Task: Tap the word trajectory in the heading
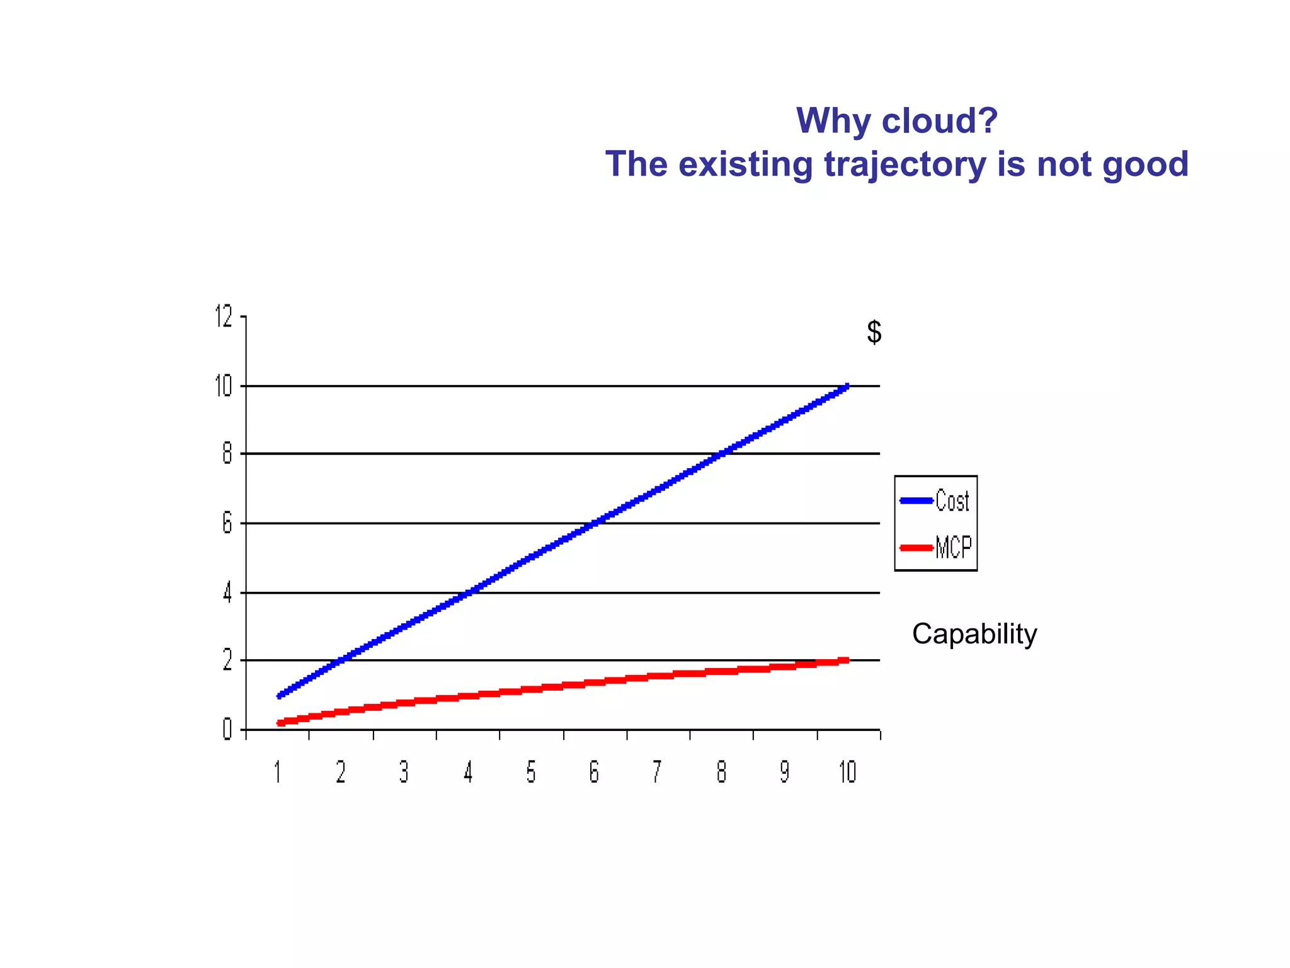click(905, 164)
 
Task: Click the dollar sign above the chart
click(874, 332)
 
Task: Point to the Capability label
click(974, 634)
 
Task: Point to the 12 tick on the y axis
click(224, 316)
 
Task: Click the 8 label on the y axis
click(227, 454)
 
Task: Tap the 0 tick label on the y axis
click(227, 730)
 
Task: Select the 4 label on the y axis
click(227, 593)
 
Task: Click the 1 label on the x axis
click(277, 772)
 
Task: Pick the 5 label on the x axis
click(531, 772)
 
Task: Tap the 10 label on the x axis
click(847, 772)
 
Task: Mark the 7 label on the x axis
click(657, 772)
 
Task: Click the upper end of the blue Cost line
click(847, 386)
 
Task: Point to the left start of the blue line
click(280, 696)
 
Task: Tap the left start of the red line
click(280, 723)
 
